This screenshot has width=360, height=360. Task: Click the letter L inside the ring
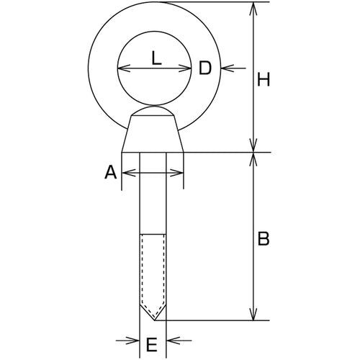156,58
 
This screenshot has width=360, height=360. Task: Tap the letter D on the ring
205,68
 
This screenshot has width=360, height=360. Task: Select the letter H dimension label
264,79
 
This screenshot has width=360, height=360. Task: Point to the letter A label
111,173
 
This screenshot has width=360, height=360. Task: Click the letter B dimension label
264,239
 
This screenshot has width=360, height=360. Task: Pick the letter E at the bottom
152,344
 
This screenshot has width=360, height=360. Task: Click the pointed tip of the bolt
155,320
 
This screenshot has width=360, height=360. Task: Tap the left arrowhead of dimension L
124,68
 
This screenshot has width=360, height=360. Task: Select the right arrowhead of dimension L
185,68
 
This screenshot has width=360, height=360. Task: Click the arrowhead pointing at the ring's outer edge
227,68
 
